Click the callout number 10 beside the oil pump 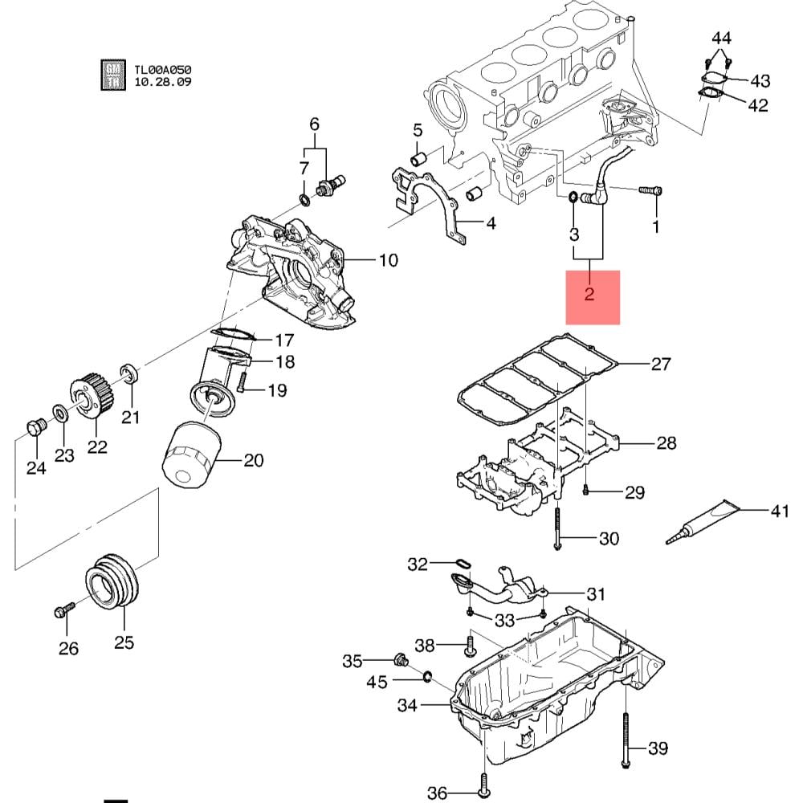(x=389, y=260)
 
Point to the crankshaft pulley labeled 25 (x=112, y=581)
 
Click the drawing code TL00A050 (x=163, y=70)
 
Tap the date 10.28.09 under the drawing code (x=163, y=82)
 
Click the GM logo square (x=113, y=75)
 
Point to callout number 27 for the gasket (x=661, y=364)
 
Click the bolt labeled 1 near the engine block (x=650, y=190)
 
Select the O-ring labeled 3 (x=573, y=198)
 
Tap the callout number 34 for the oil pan (x=407, y=705)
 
